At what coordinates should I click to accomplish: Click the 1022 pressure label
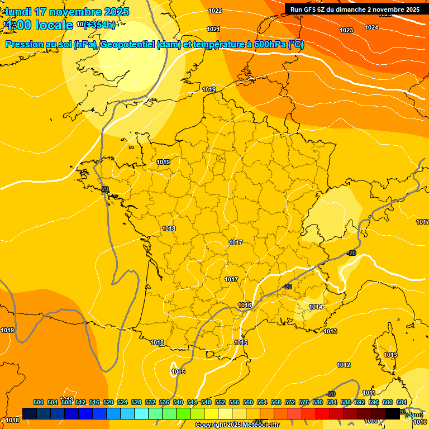coord(215,11)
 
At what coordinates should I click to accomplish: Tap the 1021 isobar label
coord(213,29)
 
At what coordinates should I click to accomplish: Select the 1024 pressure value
coord(371,27)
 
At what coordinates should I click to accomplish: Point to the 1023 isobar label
coord(346,30)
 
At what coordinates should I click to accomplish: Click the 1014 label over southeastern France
coord(316,307)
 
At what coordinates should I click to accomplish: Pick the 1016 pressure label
coord(245,305)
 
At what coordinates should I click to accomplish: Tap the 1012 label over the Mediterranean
coord(344,365)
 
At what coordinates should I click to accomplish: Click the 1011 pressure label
coord(369,393)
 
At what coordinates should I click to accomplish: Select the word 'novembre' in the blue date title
coord(70,12)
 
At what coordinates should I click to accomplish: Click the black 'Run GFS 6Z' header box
coord(355,9)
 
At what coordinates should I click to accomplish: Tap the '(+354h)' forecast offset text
coord(100,25)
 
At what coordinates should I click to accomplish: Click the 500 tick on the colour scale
coord(39,402)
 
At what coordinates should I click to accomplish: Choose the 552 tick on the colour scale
coord(220,402)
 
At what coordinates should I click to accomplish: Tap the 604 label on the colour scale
coord(402,402)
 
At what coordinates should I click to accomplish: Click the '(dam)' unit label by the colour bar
coord(413,414)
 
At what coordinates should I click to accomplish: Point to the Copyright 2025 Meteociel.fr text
coord(237,425)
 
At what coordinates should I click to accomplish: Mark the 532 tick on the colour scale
coord(150,402)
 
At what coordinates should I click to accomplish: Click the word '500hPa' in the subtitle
coord(270,45)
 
